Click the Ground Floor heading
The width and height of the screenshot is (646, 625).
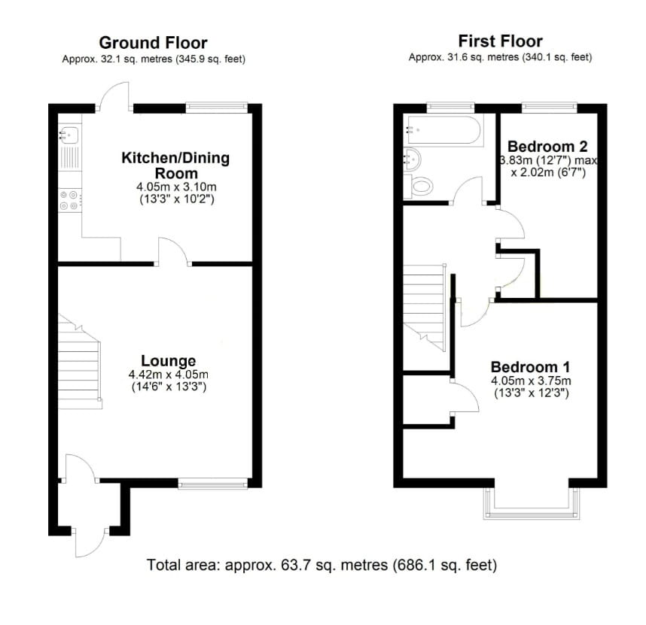(153, 42)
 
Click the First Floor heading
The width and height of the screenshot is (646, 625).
(500, 41)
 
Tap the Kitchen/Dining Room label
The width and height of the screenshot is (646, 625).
(175, 165)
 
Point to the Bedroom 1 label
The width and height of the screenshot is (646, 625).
(530, 366)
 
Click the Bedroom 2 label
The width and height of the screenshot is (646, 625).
(547, 145)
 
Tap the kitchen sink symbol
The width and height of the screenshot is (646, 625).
(70, 135)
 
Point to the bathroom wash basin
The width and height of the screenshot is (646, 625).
(413, 158)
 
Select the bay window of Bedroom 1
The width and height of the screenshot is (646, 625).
(534, 505)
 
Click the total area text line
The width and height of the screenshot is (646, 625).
(322, 564)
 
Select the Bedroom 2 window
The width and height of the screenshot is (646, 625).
(550, 107)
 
